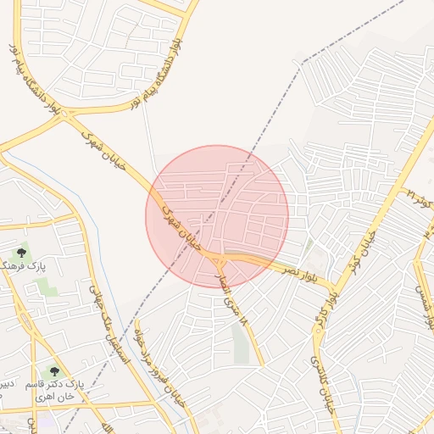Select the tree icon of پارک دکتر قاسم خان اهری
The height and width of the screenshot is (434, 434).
coord(55,371)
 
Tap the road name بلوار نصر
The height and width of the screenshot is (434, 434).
coord(301,270)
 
